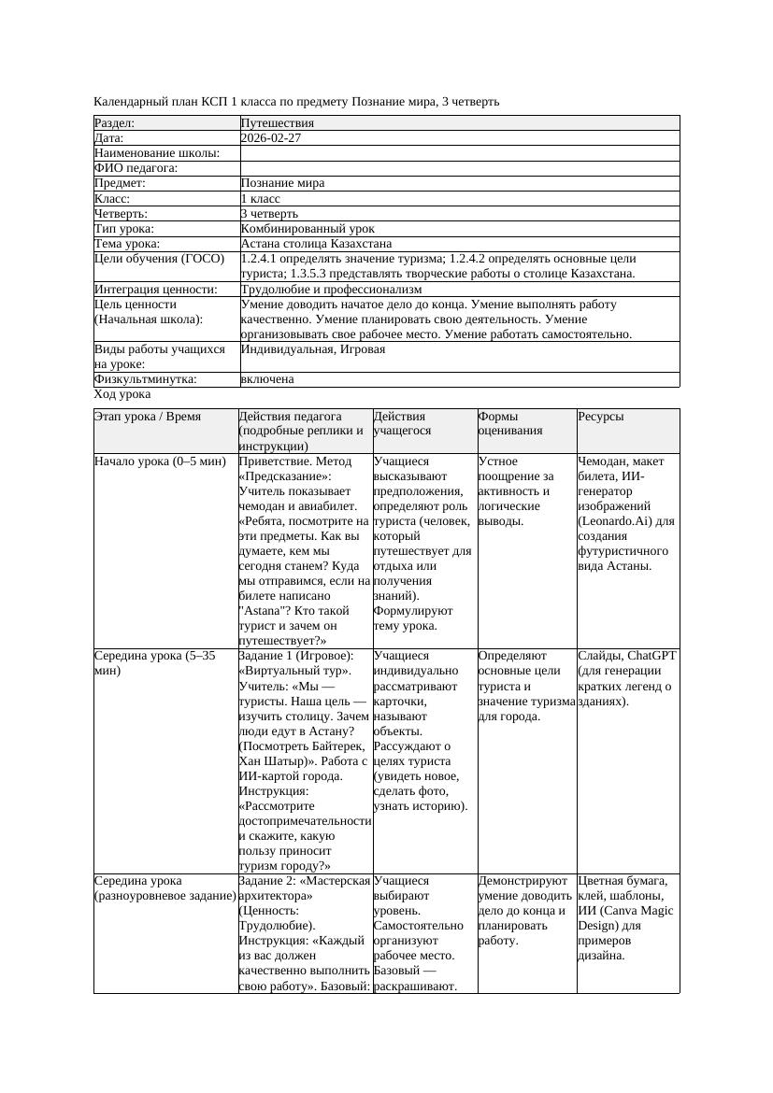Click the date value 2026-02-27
pyautogui.click(x=271, y=138)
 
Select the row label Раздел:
pyautogui.click(x=115, y=123)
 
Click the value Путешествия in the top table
pyautogui.click(x=278, y=123)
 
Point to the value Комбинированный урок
pyautogui.click(x=308, y=229)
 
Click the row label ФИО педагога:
pyautogui.click(x=136, y=168)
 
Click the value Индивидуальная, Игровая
pyautogui.click(x=313, y=349)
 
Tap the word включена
pyautogui.click(x=267, y=379)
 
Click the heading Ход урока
pyautogui.click(x=122, y=394)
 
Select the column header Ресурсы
pyautogui.click(x=601, y=417)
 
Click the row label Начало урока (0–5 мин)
pyautogui.click(x=160, y=461)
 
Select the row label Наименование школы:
pyautogui.click(x=157, y=153)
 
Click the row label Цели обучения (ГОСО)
pyautogui.click(x=160, y=259)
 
